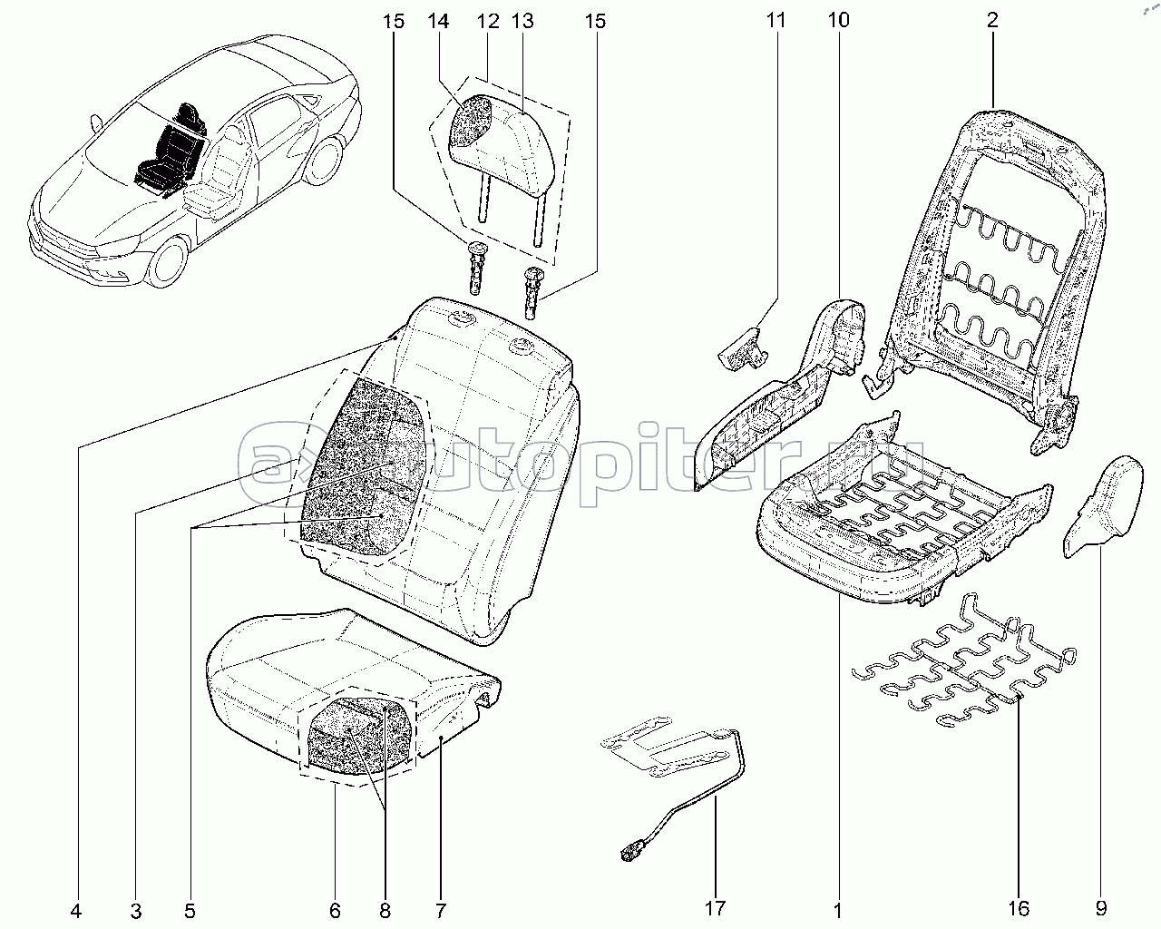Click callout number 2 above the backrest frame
coord(993,20)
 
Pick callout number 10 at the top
coord(838,20)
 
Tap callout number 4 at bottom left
coord(76,910)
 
